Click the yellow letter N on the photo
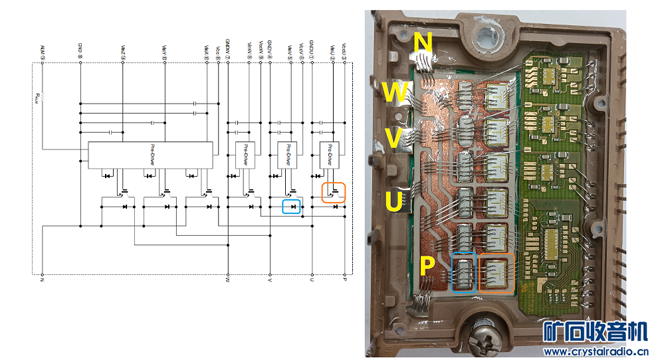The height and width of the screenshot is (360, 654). [423, 43]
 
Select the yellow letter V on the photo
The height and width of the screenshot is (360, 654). [393, 139]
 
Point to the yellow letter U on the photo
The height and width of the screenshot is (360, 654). [394, 201]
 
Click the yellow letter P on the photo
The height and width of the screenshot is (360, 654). [427, 267]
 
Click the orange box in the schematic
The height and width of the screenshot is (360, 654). [334, 192]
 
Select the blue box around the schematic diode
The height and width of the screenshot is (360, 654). [291, 207]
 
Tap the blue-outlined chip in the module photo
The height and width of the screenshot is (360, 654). [463, 273]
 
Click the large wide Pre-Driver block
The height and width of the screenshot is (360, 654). [150, 155]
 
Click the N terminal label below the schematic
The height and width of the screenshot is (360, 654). [42, 280]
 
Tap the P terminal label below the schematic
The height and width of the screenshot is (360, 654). [344, 280]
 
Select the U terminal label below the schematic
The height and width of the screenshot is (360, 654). [312, 280]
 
